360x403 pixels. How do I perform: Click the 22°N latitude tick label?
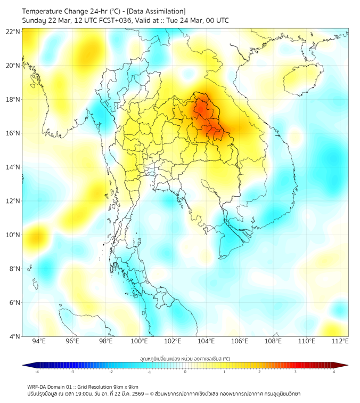pyautogui.click(x=13, y=31)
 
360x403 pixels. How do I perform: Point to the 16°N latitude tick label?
pyautogui.click(x=13, y=133)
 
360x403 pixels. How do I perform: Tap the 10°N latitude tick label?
pyautogui.click(x=13, y=235)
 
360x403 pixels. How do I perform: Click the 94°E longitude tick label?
pyautogui.click(x=39, y=341)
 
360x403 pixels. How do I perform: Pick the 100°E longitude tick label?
pyautogui.click(x=139, y=341)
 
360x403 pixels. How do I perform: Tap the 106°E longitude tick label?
pyautogui.click(x=240, y=341)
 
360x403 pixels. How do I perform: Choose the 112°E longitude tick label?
pyautogui.click(x=340, y=341)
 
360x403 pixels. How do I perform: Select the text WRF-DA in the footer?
pyautogui.click(x=38, y=386)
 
